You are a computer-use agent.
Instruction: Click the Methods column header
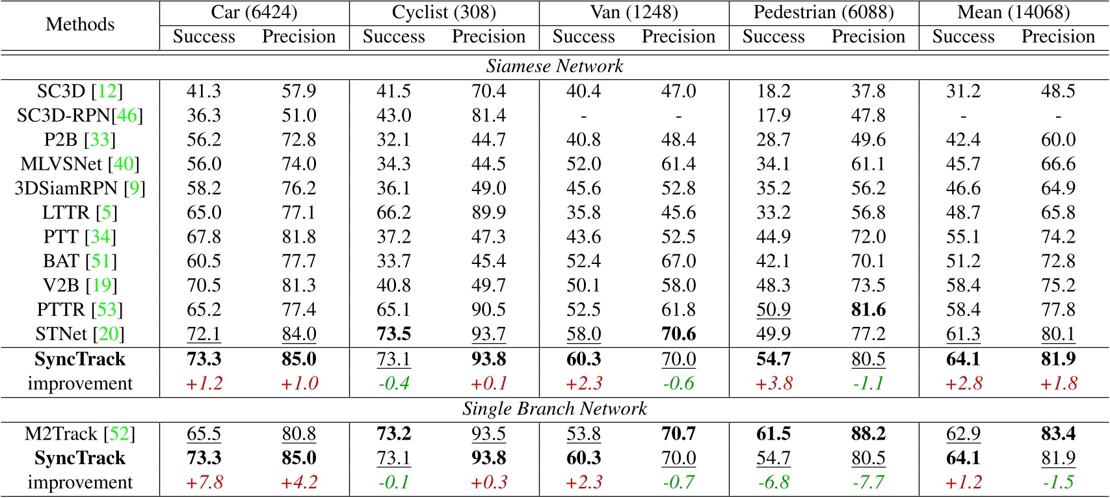click(x=80, y=25)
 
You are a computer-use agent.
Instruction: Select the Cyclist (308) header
click(x=443, y=12)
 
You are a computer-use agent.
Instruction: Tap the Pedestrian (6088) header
click(x=823, y=12)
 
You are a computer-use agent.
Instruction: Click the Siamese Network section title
click(x=555, y=66)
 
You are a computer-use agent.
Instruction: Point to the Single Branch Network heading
click(x=555, y=409)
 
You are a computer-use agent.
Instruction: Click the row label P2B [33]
click(x=80, y=140)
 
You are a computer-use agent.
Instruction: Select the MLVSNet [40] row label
click(x=80, y=164)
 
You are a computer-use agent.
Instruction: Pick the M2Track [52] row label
click(x=80, y=434)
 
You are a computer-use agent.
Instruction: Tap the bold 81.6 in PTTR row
click(x=868, y=309)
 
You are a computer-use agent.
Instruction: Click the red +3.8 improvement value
click(x=773, y=384)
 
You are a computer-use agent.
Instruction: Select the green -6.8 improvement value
click(x=773, y=482)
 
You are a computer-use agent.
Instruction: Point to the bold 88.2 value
click(x=868, y=434)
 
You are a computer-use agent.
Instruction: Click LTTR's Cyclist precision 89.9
click(x=488, y=213)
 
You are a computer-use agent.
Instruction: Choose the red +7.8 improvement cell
click(x=204, y=482)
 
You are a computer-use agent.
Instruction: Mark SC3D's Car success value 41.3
click(x=204, y=91)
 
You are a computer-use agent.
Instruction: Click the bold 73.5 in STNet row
click(x=393, y=334)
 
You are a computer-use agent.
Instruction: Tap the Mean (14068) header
click(x=1013, y=12)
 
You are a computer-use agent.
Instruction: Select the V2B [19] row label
click(x=80, y=285)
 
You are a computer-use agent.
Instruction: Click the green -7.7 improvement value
click(x=868, y=482)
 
